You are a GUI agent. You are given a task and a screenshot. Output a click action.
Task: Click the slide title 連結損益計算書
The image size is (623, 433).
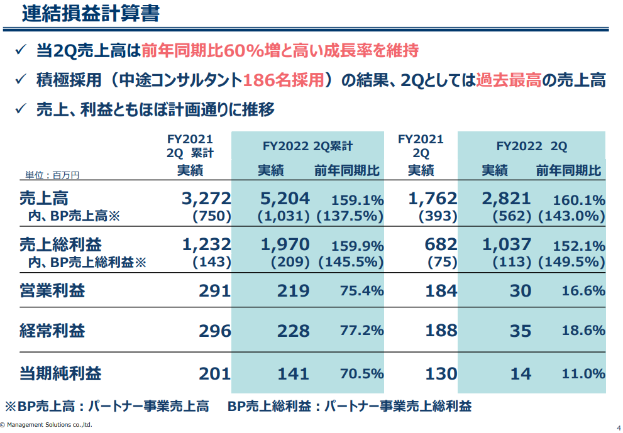[91, 14]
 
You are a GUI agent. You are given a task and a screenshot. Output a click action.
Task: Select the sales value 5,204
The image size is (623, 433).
[285, 199]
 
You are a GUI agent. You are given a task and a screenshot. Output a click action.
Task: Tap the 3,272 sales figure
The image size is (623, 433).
[206, 199]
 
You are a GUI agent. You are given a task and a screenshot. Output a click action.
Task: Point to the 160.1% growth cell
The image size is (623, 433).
[579, 200]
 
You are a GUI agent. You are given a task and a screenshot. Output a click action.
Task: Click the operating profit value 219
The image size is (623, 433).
[294, 290]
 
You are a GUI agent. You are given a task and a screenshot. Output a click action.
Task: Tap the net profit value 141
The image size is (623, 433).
[294, 374]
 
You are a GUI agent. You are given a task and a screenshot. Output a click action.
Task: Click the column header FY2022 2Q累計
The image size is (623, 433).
[307, 146]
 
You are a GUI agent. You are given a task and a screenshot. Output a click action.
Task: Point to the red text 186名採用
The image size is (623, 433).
[287, 80]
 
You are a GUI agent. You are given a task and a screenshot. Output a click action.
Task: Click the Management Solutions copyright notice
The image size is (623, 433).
[47, 425]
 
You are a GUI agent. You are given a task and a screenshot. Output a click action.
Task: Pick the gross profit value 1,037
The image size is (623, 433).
[507, 244]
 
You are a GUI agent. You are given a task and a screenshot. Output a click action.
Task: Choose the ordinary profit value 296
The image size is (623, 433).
[215, 331]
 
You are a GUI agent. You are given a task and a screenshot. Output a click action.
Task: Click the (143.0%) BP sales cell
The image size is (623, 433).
[571, 216]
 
